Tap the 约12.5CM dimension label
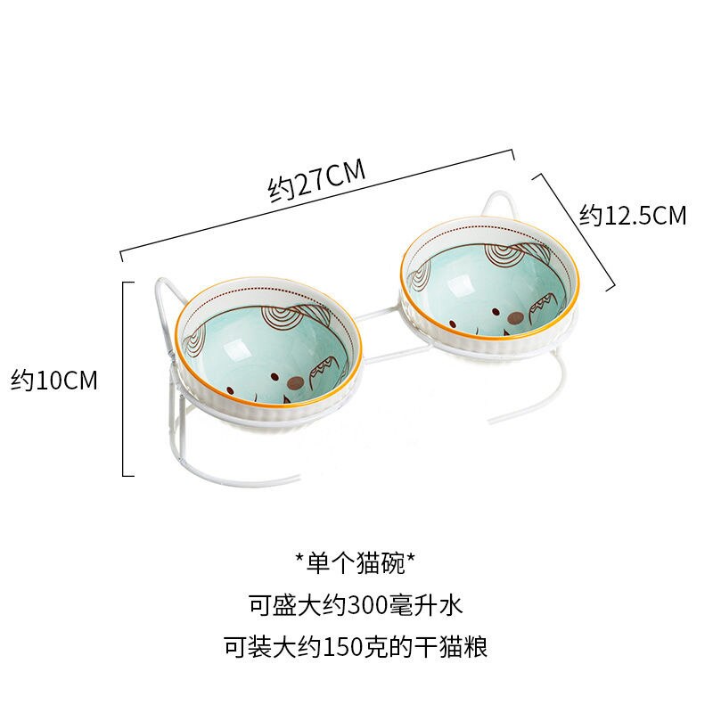click(x=633, y=215)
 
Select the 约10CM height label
click(x=54, y=381)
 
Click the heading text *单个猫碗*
click(x=355, y=563)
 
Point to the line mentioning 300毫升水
click(x=356, y=605)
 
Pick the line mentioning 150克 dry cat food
click(x=356, y=647)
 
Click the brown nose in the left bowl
click(x=296, y=384)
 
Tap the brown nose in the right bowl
click(x=515, y=318)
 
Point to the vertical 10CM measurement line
click(x=124, y=379)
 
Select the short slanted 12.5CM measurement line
click(x=574, y=231)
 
